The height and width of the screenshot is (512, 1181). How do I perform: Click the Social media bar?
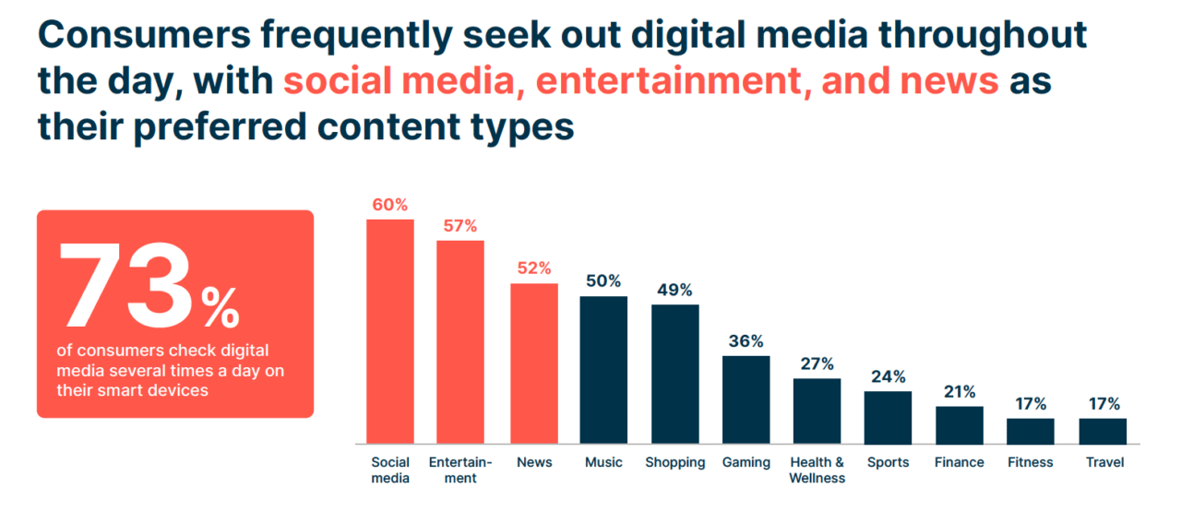pyautogui.click(x=390, y=331)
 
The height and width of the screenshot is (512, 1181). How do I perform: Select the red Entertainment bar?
pyautogui.click(x=460, y=341)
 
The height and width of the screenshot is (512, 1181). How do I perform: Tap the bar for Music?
pyautogui.click(x=603, y=369)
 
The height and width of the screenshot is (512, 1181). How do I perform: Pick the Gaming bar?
pyautogui.click(x=746, y=399)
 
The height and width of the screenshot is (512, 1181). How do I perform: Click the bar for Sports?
pyautogui.click(x=888, y=417)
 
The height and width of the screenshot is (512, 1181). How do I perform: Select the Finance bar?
pyautogui.click(x=960, y=424)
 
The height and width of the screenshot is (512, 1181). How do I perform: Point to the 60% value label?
pyautogui.click(x=390, y=205)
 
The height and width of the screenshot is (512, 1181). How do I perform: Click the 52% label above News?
pyautogui.click(x=533, y=268)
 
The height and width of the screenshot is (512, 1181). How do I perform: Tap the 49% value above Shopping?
pyautogui.click(x=674, y=290)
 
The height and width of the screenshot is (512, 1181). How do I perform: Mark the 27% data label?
pyautogui.click(x=817, y=363)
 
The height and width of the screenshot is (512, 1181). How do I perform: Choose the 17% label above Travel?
pyautogui.click(x=1103, y=404)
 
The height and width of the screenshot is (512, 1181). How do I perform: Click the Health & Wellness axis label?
pyautogui.click(x=817, y=470)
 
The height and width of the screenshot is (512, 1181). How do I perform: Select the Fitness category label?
pyautogui.click(x=1031, y=462)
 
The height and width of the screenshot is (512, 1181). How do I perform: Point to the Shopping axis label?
pyautogui.click(x=674, y=462)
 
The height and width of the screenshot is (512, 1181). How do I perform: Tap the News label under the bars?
pyautogui.click(x=533, y=462)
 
